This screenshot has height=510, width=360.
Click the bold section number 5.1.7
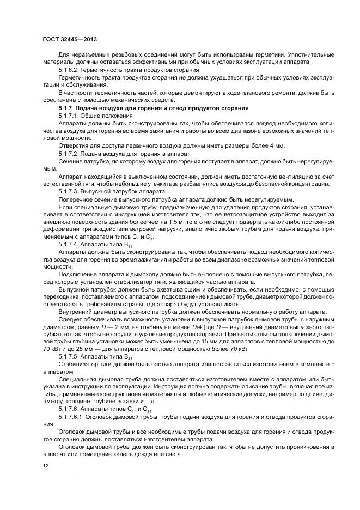pos(68,107)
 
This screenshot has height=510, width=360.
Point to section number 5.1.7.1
pos(69,116)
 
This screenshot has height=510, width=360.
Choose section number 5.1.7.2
pos(69,154)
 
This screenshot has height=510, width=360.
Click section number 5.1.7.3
pos(69,192)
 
